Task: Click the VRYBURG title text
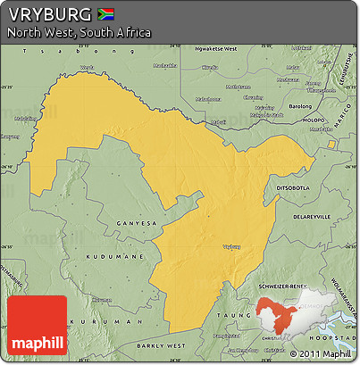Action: [48, 14]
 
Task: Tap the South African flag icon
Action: [105, 13]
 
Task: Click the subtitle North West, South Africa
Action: [79, 33]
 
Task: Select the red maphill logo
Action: [37, 328]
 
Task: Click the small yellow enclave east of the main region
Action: [331, 144]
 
